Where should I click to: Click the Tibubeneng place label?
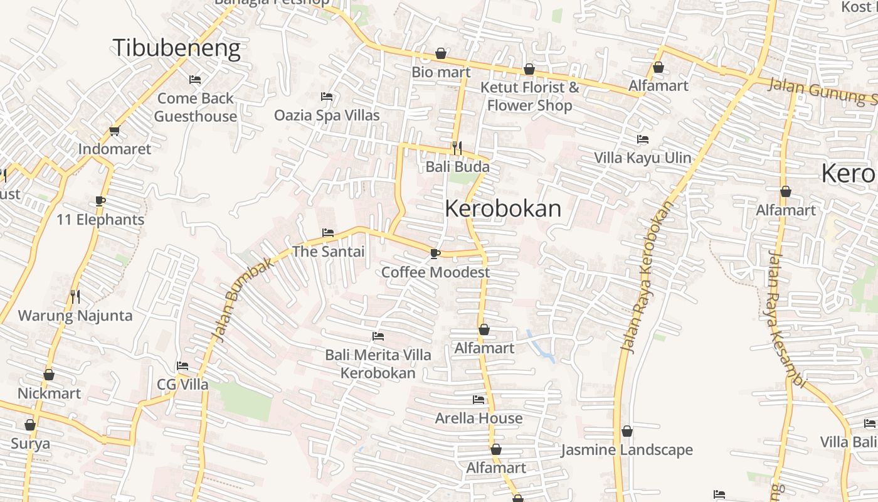point(176,48)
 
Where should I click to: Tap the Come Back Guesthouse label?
point(195,107)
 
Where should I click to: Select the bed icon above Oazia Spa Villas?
point(327,97)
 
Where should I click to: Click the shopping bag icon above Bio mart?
point(441,53)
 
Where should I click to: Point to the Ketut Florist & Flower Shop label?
point(530,96)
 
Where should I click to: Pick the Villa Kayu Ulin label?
point(643,158)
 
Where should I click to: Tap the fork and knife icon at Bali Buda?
point(457,148)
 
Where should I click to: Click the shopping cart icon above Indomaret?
point(114,131)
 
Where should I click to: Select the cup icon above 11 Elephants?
point(100,201)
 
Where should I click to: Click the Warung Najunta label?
point(75,316)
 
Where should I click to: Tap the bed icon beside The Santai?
point(327,233)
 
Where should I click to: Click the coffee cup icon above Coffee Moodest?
point(435,254)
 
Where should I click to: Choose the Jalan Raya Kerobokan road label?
point(647,276)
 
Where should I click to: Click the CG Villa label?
point(182,385)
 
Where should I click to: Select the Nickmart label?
point(49,393)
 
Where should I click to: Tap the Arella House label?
point(479,418)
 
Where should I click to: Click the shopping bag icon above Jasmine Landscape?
point(627,432)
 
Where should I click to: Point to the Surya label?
point(30,444)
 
